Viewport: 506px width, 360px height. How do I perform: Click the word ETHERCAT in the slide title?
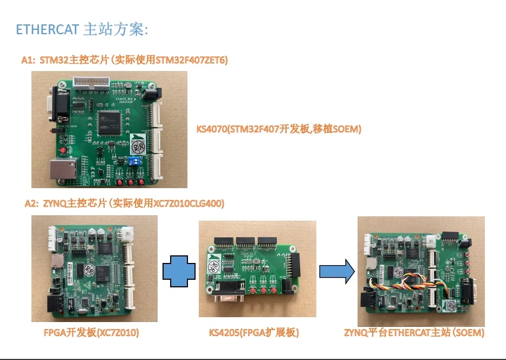click(48, 29)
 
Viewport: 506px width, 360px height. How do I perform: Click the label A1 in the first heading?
click(28, 60)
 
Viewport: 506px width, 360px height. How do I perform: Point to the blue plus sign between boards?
click(179, 272)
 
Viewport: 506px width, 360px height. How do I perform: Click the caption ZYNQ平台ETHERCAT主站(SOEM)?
click(414, 332)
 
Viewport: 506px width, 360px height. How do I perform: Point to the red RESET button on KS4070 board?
click(63, 149)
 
